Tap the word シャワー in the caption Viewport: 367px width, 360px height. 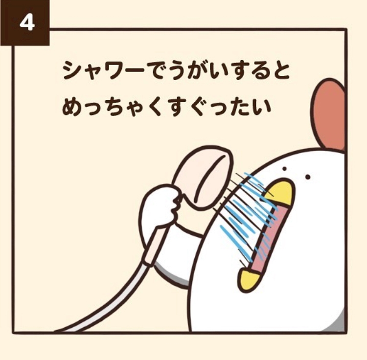pos(103,70)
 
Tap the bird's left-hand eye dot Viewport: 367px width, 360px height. pos(285,169)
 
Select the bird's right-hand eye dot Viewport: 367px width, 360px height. pos(308,177)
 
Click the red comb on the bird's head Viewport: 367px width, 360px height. pos(329,116)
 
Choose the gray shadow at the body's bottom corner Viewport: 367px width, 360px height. pos(335,323)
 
